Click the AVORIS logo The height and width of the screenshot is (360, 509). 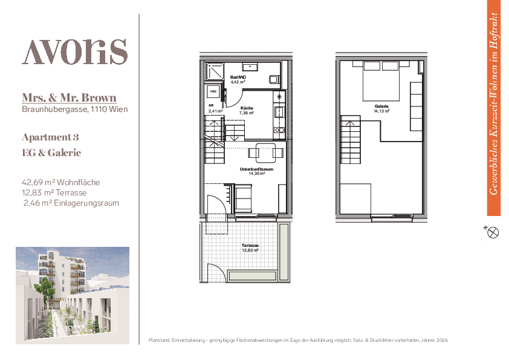tap(75, 52)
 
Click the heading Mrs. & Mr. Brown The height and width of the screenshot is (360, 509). tap(69, 98)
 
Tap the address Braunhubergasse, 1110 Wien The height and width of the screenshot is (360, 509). tap(75, 110)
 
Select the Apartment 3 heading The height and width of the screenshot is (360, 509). tap(50, 137)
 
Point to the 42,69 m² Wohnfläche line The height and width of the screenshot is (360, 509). tap(60, 182)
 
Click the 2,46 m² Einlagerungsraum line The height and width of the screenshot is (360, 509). tap(71, 203)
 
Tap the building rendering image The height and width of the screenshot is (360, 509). tap(73, 295)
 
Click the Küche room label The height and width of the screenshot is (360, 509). tap(247, 111)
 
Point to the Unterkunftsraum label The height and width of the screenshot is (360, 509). tap(256, 171)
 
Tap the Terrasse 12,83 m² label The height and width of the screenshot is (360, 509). tap(250, 248)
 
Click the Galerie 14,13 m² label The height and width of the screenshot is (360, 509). tap(381, 108)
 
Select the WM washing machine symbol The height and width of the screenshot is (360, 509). tap(213, 91)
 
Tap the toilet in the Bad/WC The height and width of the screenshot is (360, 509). tap(274, 79)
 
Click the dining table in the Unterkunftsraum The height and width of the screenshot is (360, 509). tap(265, 152)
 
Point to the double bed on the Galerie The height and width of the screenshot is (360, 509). tap(381, 81)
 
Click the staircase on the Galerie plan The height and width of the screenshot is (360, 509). tap(350, 140)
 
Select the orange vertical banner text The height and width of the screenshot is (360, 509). tap(494, 104)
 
